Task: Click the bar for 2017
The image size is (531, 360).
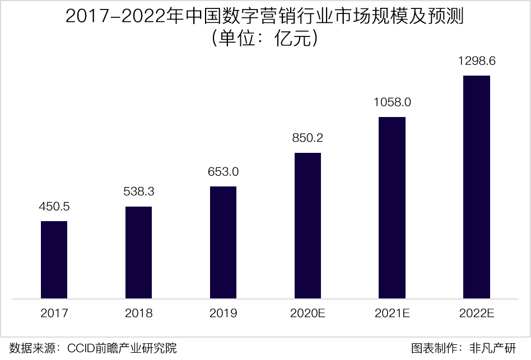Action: point(54,259)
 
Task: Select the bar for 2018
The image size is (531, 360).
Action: point(138,252)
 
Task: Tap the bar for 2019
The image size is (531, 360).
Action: point(223,242)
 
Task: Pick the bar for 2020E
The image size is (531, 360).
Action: point(308,225)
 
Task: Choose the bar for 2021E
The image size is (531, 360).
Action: point(392,207)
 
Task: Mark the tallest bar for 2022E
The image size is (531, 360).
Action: point(477,186)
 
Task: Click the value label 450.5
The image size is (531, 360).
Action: point(54,207)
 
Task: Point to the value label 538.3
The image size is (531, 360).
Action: point(138,191)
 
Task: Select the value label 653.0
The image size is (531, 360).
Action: point(223,172)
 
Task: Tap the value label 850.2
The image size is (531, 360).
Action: point(308,138)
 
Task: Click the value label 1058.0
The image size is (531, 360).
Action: point(392,102)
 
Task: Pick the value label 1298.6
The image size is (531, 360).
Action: point(477,61)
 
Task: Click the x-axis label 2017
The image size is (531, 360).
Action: point(54,313)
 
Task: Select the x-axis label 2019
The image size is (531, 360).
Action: point(223,313)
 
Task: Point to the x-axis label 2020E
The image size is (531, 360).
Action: point(308,313)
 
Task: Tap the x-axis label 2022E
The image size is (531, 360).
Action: point(477,313)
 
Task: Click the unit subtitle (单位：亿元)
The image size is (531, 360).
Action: point(265,39)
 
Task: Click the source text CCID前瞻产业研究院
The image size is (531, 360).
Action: point(122,348)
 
